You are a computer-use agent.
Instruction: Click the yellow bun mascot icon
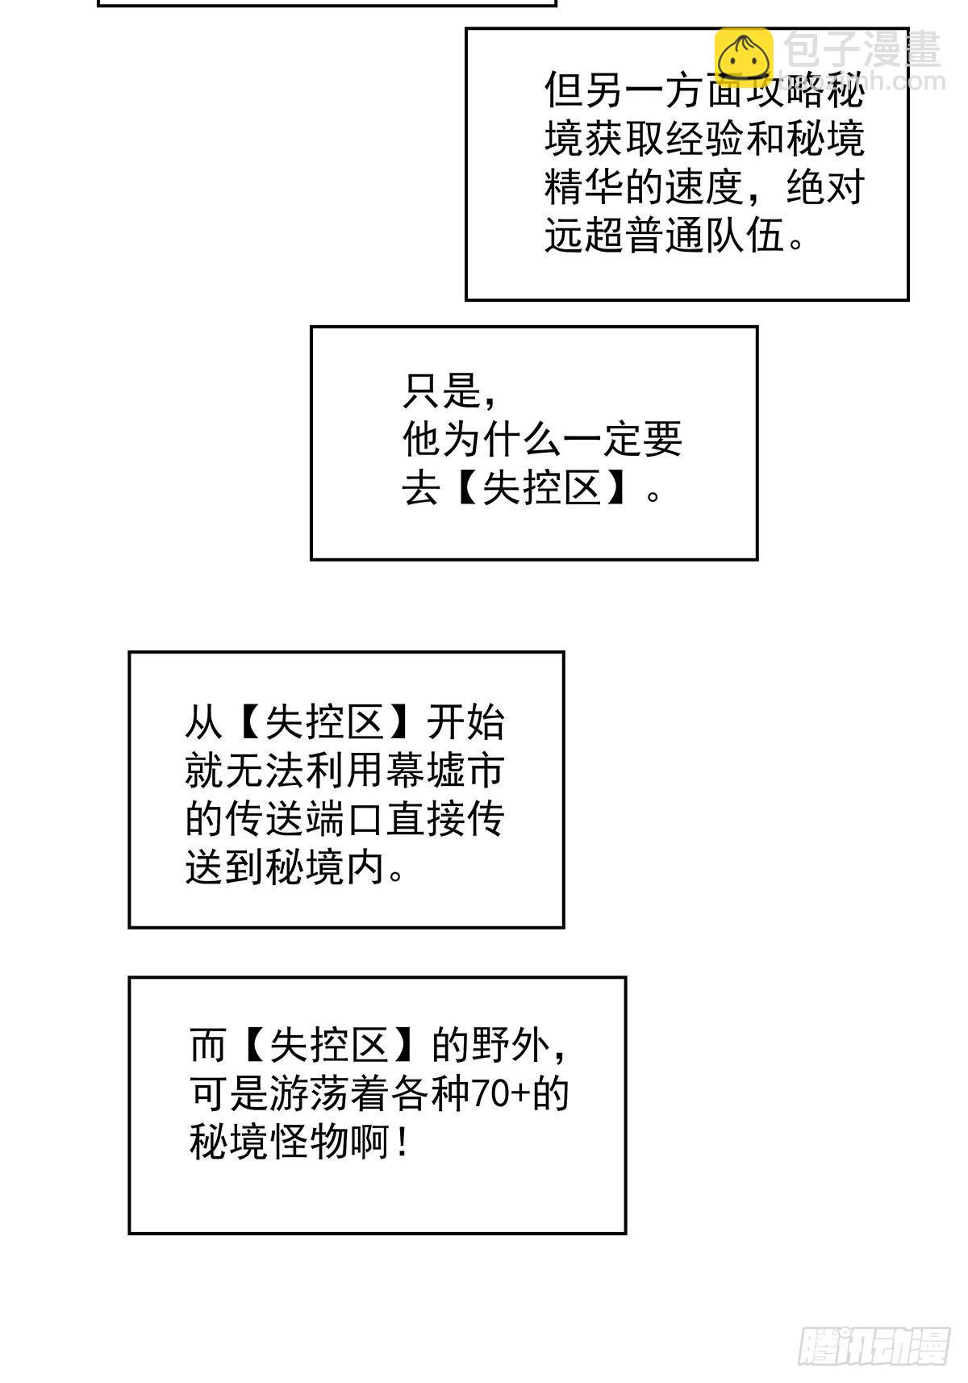click(743, 56)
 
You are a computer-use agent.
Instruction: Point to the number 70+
click(500, 1094)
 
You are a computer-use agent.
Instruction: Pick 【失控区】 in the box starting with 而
click(330, 1046)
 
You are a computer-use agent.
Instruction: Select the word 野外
click(511, 1046)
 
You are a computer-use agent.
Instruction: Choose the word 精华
click(584, 187)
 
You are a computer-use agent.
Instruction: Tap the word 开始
click(465, 722)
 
